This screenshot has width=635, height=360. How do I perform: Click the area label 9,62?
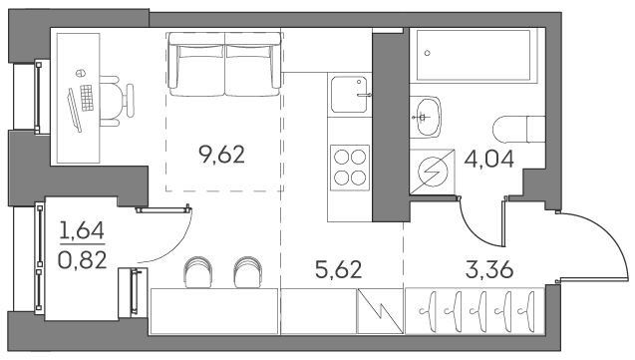pyautogui.click(x=222, y=155)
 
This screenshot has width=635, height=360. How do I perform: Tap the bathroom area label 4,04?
pyautogui.click(x=489, y=159)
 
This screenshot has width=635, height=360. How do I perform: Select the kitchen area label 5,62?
pyautogui.click(x=339, y=269)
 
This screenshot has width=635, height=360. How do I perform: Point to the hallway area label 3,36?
pyautogui.click(x=489, y=269)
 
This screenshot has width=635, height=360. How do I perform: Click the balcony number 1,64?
pyautogui.click(x=82, y=230)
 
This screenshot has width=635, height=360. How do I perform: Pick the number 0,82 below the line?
pyautogui.click(x=82, y=260)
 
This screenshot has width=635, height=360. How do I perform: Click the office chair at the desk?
pyautogui.click(x=117, y=101)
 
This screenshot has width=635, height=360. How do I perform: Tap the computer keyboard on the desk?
pyautogui.click(x=87, y=98)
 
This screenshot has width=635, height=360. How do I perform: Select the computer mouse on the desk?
pyautogui.click(x=81, y=73)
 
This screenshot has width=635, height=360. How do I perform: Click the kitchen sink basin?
pyautogui.click(x=349, y=95)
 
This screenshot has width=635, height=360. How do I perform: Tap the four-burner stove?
pyautogui.click(x=350, y=168)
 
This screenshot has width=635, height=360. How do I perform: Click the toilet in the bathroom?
pyautogui.click(x=519, y=130)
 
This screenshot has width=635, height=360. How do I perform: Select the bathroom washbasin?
pyautogui.click(x=426, y=117)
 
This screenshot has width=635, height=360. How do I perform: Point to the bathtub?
pyautogui.click(x=474, y=56)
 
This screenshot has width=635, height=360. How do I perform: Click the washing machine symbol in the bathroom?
pyautogui.click(x=432, y=172)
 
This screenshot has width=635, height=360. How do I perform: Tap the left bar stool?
pyautogui.click(x=198, y=271)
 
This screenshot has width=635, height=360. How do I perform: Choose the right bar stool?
pyautogui.click(x=247, y=271)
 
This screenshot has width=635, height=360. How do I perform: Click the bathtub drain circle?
pyautogui.click(x=427, y=53)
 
